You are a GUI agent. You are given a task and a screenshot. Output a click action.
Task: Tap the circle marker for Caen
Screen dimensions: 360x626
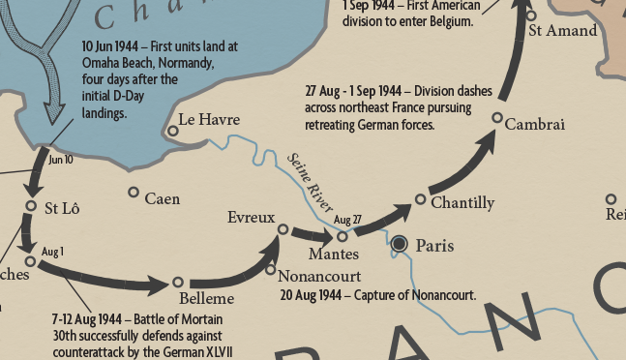point(134,192)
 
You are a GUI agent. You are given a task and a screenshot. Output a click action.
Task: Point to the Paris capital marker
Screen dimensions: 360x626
point(399,245)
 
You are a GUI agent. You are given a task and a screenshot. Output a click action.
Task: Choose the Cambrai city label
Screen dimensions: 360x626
point(534,125)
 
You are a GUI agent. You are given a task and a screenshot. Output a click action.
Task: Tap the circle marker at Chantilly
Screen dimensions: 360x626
point(420,199)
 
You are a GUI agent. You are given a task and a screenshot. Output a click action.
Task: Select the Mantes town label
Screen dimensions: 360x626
point(333,255)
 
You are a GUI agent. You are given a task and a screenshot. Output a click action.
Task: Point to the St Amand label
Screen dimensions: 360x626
point(562,31)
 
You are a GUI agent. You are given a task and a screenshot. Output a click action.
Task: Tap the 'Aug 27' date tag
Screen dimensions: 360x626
point(347,220)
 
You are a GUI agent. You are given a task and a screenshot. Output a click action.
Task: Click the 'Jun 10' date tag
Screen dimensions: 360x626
point(60,161)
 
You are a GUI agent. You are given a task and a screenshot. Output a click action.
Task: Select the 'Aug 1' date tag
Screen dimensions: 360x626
point(52,252)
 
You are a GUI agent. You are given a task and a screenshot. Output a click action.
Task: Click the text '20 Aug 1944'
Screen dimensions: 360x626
point(309,294)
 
